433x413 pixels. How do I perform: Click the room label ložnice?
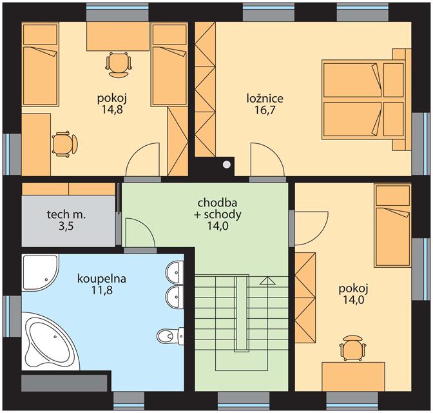265,99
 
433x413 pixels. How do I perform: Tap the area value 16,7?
265,110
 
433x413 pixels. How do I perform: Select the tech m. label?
66,214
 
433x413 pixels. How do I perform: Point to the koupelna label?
102,279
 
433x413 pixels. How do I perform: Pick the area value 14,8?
112,110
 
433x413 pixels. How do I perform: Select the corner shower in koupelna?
40,272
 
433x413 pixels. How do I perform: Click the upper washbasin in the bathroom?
175,272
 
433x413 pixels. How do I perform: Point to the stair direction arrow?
267,320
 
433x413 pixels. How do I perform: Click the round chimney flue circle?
227,165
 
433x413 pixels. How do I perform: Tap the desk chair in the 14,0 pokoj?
352,348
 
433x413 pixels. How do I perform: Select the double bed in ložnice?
366,99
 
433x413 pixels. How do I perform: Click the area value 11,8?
102,290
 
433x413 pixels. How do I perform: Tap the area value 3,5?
66,227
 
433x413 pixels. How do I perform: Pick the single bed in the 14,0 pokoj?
392,226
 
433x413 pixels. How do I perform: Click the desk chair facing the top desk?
119,65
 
